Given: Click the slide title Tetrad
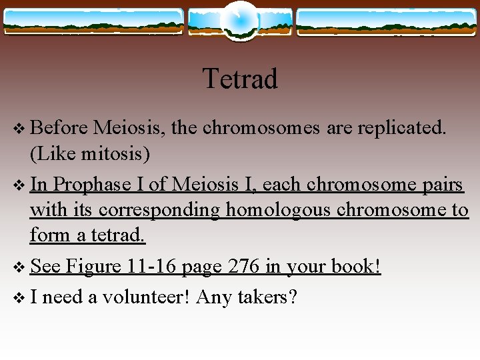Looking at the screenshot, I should (239, 79).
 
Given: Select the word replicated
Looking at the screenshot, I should (402, 127).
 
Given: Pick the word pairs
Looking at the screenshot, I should (439, 183).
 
